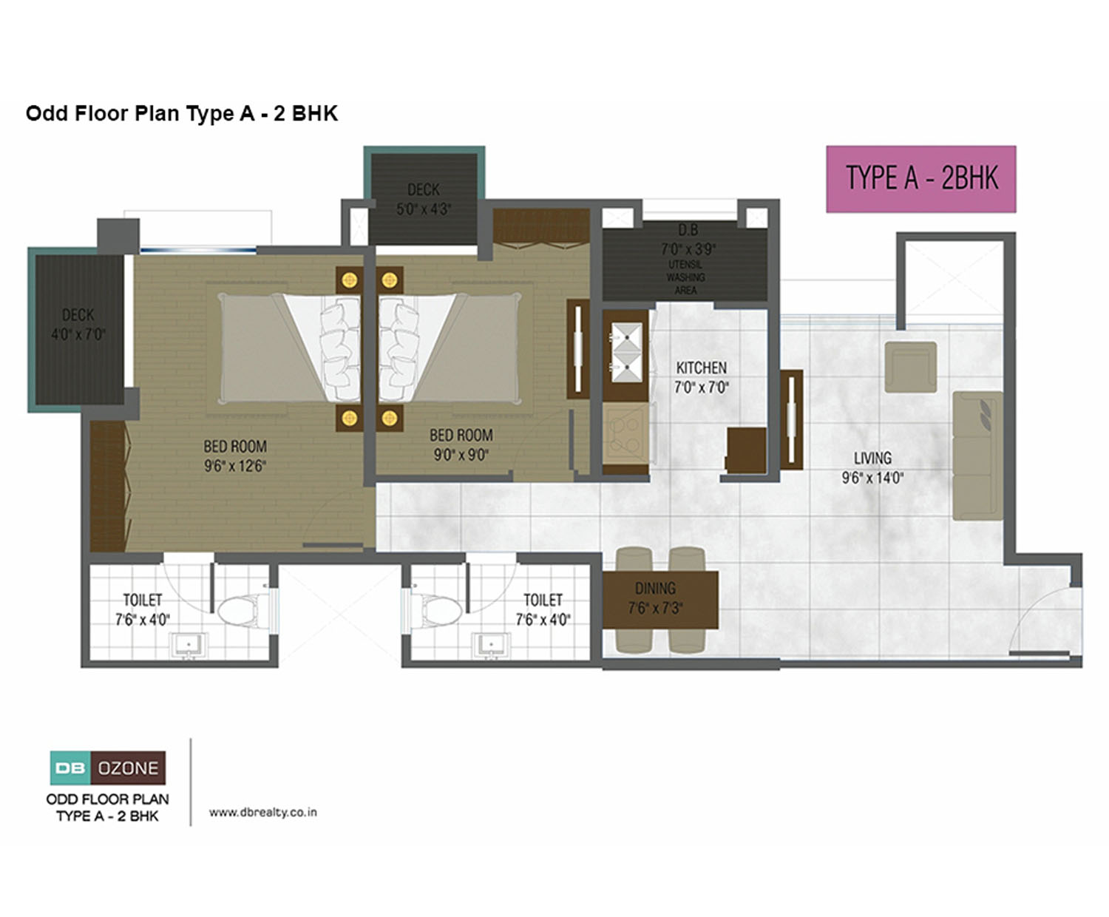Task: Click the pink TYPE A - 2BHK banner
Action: point(921,179)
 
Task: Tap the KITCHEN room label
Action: point(701,368)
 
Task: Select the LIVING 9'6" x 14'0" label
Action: point(872,467)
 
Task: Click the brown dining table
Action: point(660,600)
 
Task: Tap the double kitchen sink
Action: point(627,352)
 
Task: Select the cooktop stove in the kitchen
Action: point(625,433)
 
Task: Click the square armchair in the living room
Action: point(910,367)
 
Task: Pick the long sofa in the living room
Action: point(977,456)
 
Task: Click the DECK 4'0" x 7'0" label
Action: point(78,324)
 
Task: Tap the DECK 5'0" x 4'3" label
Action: point(424,199)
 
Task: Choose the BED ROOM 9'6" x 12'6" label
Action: point(235,456)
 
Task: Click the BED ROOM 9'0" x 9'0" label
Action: point(461,445)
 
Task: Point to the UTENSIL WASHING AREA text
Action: point(685,277)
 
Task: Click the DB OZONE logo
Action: point(108,768)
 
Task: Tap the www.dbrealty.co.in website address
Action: point(263,812)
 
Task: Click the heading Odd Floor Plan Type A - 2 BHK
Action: point(182,113)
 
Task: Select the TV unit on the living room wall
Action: point(791,420)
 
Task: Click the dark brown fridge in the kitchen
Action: point(746,450)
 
